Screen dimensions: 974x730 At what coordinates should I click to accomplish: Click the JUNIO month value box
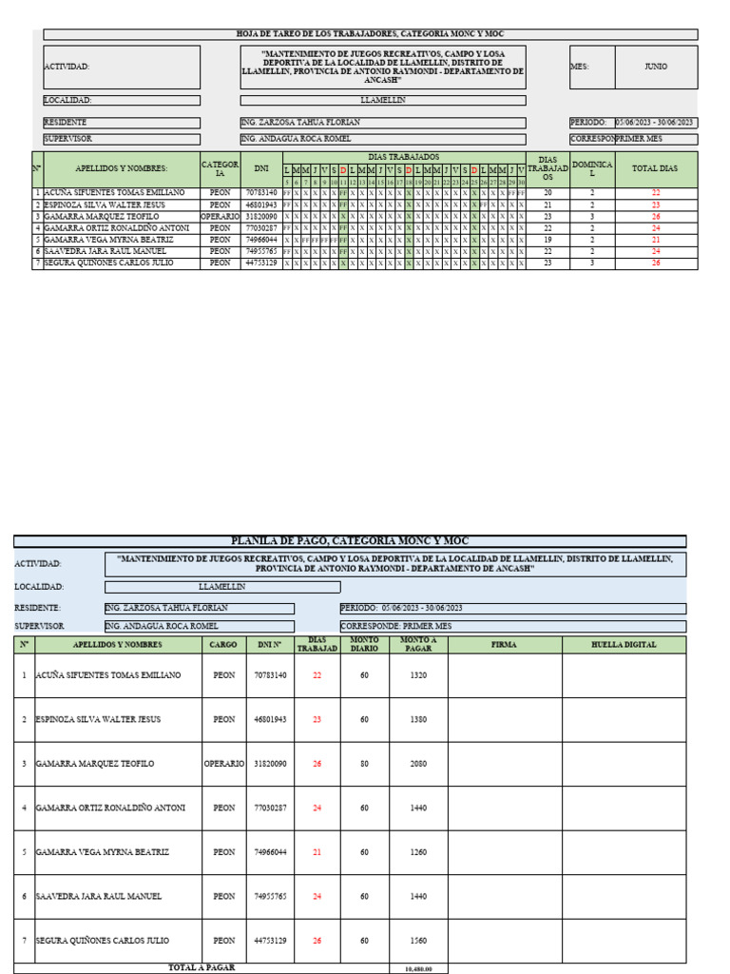pos(655,67)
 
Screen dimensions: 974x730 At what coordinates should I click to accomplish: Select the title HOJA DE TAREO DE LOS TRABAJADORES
pos(370,34)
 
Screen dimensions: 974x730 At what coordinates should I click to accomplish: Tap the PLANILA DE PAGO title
pos(349,540)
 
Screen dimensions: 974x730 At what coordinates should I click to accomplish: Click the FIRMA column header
pos(504,645)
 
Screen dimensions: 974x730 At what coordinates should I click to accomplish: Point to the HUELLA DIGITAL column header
pos(624,645)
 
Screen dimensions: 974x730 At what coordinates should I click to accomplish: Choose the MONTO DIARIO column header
pos(364,645)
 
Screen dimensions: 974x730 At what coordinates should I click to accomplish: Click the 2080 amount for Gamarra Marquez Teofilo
pos(418,764)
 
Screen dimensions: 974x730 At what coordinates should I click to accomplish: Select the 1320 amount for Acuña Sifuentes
pos(418,675)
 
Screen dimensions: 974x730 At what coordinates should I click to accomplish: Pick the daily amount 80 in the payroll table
pos(364,764)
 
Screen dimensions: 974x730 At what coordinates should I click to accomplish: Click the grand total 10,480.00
pos(418,969)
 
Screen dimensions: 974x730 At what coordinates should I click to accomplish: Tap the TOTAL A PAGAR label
pos(201,967)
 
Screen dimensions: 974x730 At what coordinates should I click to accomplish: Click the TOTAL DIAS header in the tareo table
pos(655,168)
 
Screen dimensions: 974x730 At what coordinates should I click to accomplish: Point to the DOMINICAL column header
pos(592,168)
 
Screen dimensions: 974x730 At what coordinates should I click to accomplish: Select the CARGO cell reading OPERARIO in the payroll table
pos(224,764)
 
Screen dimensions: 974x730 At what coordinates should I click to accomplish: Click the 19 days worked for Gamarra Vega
pos(547,240)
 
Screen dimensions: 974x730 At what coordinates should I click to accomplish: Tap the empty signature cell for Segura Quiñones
pos(504,941)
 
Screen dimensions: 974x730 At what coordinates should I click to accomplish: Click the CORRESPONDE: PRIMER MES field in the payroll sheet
pos(511,627)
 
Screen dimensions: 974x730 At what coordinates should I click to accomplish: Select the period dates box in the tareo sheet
pos(656,123)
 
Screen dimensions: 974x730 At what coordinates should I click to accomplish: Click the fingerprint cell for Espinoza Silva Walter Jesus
pos(624,720)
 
